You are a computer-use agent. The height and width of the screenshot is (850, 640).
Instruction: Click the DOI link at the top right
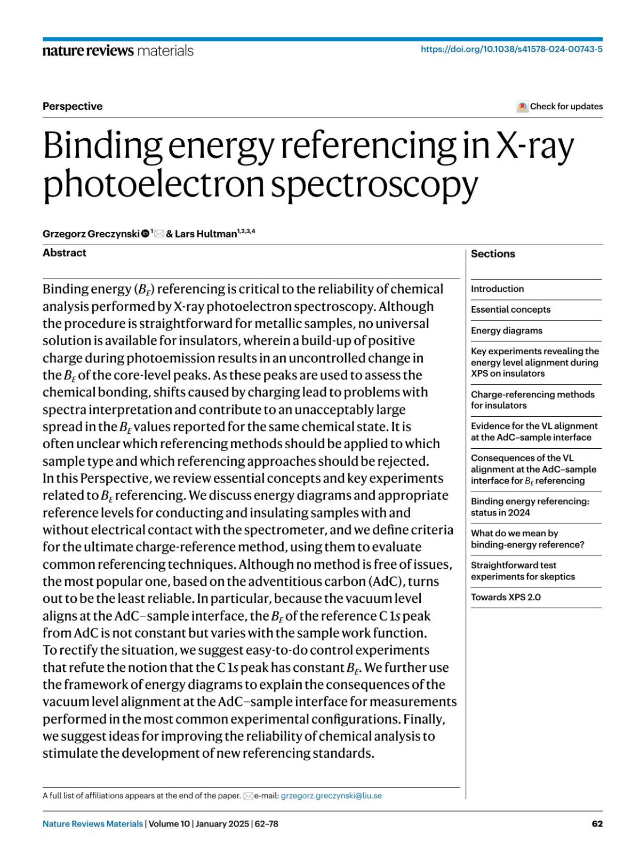[x=511, y=49]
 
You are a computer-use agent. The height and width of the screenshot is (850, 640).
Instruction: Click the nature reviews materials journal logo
[x=118, y=51]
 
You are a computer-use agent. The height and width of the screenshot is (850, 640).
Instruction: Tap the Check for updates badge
[x=560, y=106]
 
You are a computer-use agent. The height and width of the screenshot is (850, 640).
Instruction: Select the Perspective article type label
[x=73, y=106]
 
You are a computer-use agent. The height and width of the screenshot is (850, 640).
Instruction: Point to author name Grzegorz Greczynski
[x=91, y=234]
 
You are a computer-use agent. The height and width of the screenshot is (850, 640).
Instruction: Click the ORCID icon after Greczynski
[x=145, y=234]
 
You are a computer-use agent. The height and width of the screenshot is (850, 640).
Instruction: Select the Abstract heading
[x=65, y=253]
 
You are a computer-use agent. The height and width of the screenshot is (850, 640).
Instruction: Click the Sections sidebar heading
[x=493, y=254]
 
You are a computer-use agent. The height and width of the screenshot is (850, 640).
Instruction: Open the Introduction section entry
[x=497, y=289]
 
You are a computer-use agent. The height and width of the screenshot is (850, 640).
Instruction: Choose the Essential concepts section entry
[x=510, y=309]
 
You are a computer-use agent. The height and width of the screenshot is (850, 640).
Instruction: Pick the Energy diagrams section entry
[x=506, y=330]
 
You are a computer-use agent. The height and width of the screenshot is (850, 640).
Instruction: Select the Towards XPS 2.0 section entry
[x=506, y=597]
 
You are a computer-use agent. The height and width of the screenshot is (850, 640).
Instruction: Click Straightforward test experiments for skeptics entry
[x=523, y=571]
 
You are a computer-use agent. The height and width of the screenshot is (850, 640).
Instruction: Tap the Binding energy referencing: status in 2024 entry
[x=530, y=507]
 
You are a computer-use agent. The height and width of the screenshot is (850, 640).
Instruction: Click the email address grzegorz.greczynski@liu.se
[x=331, y=796]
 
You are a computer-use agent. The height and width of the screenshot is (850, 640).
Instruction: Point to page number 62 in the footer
[x=597, y=824]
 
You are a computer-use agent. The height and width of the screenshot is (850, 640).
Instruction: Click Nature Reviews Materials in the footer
[x=93, y=824]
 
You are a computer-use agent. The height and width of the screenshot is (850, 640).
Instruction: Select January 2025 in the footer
[x=222, y=824]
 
